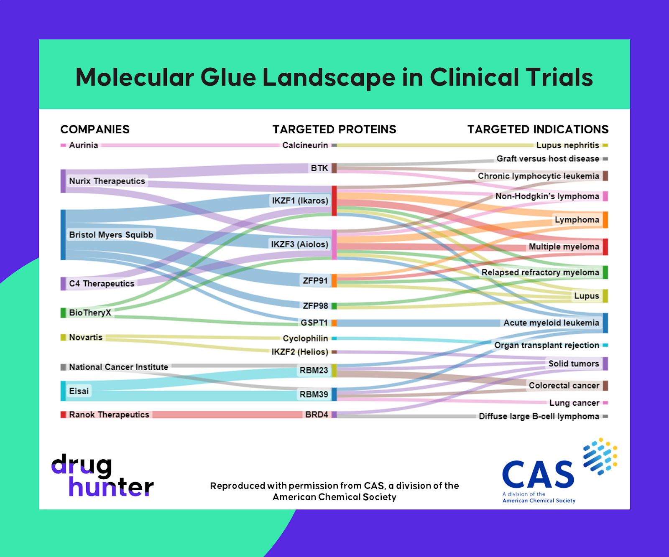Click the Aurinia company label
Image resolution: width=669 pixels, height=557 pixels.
pos(83,145)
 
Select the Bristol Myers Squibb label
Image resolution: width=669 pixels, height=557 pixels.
pos(111,235)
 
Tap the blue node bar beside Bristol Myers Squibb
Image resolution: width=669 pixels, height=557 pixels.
pos(63,235)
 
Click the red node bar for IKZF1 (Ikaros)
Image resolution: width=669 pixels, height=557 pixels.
pos(334,201)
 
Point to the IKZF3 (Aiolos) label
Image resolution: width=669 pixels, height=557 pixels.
pos(299,244)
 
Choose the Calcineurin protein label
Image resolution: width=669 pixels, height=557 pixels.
pos(305,145)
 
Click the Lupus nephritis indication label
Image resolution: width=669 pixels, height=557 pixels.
pos(567,145)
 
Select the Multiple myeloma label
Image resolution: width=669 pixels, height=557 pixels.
pos(564,247)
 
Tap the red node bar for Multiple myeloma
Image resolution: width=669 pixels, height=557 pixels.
pos(605,247)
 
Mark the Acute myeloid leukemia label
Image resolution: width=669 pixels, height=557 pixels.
pos(551,323)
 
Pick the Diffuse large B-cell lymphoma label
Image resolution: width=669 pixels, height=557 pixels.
pos(539,417)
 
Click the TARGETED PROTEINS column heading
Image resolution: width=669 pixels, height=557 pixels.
pos(334,130)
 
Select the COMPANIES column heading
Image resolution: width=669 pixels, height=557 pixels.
pos(95,130)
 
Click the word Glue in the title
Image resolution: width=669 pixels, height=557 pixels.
pos(228,78)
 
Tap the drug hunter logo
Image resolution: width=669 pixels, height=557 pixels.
pos(102,476)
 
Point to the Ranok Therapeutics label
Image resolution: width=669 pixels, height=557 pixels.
pos(109,415)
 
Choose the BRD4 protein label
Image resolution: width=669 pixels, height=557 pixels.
pos(317,415)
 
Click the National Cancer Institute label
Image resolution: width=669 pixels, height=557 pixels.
pos(118,367)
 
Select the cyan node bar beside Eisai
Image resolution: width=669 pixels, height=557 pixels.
pos(63,391)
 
